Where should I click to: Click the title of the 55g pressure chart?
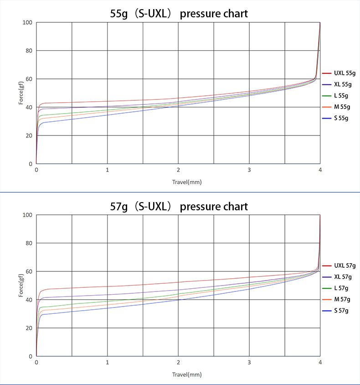[179, 14]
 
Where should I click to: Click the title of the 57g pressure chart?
[179, 207]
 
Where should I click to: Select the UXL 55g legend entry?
[339, 73]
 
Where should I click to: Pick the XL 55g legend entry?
[337, 84]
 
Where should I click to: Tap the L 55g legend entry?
[335, 96]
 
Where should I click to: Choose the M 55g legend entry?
[336, 107]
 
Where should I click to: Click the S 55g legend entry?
[335, 118]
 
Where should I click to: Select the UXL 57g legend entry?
[339, 265]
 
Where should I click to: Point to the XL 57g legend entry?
[337, 277]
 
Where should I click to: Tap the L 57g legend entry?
[335, 288]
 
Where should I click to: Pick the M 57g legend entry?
[336, 300]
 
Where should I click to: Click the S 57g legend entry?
[335, 311]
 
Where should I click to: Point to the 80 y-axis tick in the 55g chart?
[29, 51]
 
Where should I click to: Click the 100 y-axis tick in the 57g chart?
[27, 215]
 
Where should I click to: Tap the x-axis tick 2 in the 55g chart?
[178, 170]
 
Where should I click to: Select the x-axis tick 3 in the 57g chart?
[249, 362]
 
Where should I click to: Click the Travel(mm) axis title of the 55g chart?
[187, 182]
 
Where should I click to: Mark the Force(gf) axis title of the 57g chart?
[21, 285]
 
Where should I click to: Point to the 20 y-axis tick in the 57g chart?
[29, 328]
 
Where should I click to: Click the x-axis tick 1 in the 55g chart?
[107, 170]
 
